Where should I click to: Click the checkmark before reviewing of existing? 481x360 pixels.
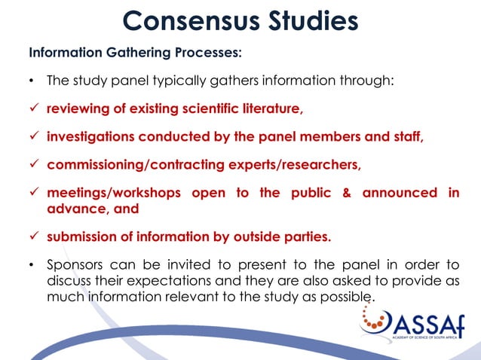pos(33,109)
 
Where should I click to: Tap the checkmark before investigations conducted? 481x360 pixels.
pos(33,137)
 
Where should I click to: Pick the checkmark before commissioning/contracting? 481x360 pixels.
pos(33,165)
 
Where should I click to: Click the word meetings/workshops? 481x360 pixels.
pos(113,193)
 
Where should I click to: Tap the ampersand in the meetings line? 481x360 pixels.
pos(347,193)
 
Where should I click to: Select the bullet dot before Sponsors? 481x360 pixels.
pos(32,265)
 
